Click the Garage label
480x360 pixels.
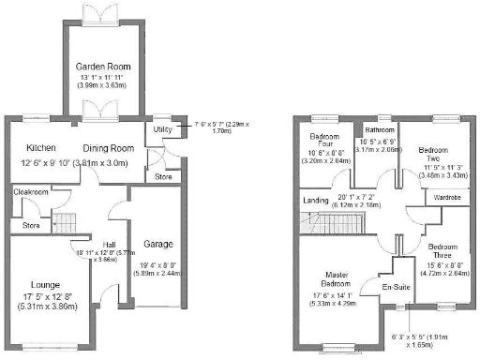click(x=158, y=244)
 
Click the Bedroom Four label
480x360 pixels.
click(x=324, y=141)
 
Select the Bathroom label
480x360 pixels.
click(x=380, y=129)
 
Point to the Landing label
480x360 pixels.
click(x=317, y=200)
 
